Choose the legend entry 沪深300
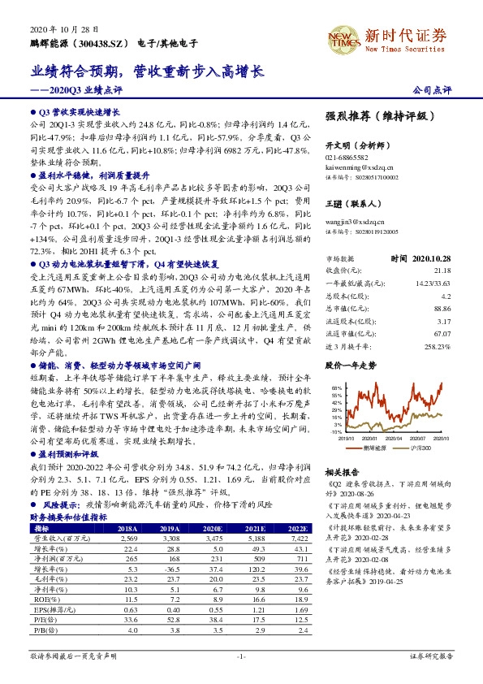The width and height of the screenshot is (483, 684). [x=420, y=447]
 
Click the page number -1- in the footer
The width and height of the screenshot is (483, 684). [x=241, y=655]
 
